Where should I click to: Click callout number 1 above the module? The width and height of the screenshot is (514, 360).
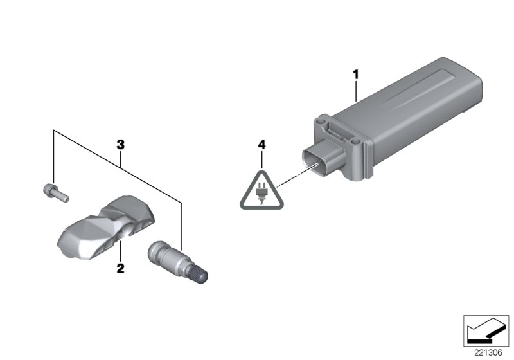pos(354,76)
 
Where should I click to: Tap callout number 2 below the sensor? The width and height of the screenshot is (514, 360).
pos(120,267)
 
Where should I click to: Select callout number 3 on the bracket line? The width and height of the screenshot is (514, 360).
pos(120,145)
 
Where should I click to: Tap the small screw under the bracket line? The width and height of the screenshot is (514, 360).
pos(54,191)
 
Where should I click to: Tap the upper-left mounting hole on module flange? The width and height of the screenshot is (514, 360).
pos(319,120)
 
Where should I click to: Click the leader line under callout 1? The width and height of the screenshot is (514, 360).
pos(354,91)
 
